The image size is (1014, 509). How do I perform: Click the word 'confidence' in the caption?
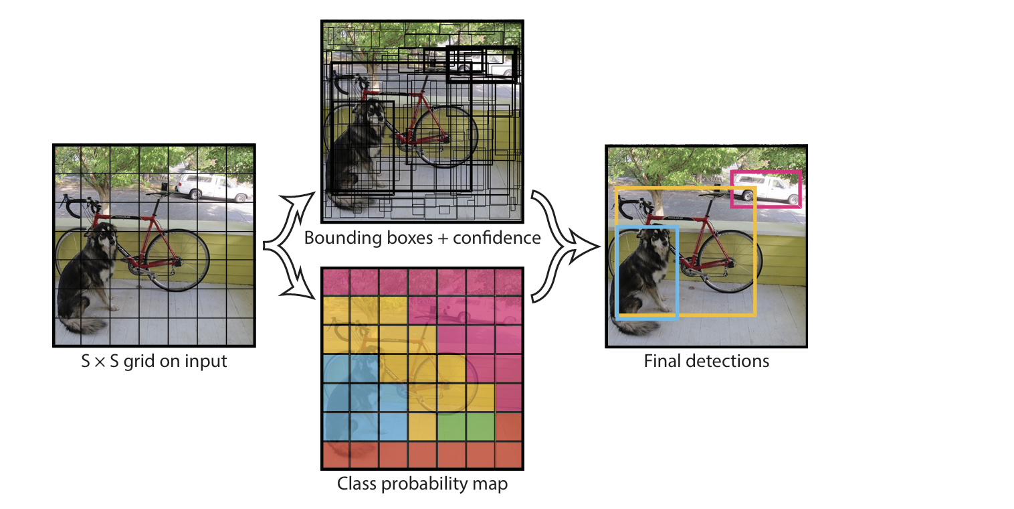tap(497, 238)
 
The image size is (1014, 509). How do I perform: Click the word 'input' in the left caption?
tap(206, 362)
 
